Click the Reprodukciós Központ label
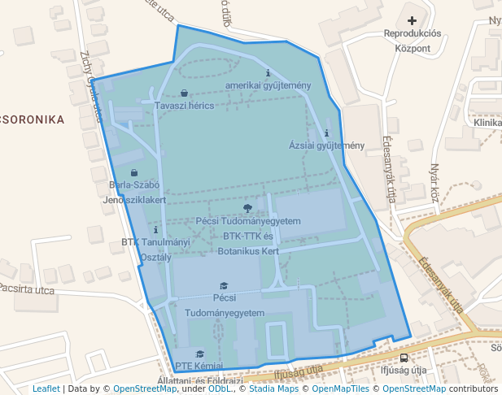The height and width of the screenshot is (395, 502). pyautogui.click(x=412, y=41)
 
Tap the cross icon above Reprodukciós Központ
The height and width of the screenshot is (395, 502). pyautogui.click(x=412, y=20)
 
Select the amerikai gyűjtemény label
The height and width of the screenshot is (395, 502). pyautogui.click(x=268, y=86)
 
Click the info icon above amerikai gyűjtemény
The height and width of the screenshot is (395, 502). pyautogui.click(x=268, y=73)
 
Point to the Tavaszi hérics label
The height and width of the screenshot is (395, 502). pyautogui.click(x=184, y=106)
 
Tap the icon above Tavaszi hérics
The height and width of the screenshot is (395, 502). pyautogui.click(x=184, y=93)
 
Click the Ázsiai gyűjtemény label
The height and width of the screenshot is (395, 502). pyautogui.click(x=326, y=145)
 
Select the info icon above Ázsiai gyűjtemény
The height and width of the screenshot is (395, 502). pyautogui.click(x=326, y=132)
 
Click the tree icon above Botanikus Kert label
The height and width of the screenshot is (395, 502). pyautogui.click(x=248, y=208)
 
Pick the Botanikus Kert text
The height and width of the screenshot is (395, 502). pyautogui.click(x=248, y=251)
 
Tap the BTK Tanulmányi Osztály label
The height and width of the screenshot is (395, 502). pyautogui.click(x=155, y=249)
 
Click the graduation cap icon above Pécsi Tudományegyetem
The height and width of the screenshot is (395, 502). pyautogui.click(x=224, y=285)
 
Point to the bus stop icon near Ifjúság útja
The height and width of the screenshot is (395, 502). pyautogui.click(x=404, y=358)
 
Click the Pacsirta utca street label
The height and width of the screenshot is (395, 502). pyautogui.click(x=27, y=289)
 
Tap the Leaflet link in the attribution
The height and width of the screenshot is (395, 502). pyautogui.click(x=46, y=388)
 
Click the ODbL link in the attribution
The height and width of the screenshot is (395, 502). pyautogui.click(x=220, y=388)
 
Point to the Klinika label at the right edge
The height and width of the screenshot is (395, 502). pyautogui.click(x=487, y=122)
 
